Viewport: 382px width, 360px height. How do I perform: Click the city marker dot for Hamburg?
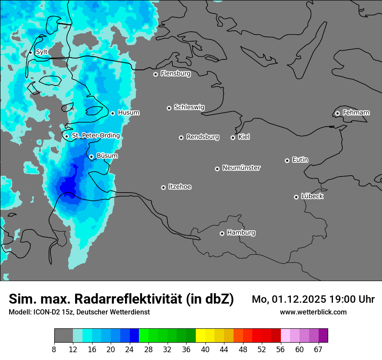pyautogui.click(x=222, y=233)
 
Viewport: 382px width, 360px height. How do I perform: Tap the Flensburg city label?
pyautogui.click(x=175, y=74)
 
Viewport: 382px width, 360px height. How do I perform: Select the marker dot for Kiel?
pyautogui.click(x=233, y=137)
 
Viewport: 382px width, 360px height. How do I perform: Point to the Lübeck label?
pyautogui.click(x=312, y=196)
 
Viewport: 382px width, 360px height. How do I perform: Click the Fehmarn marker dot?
pyautogui.click(x=337, y=113)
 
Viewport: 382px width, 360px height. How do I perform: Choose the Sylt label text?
pyautogui.click(x=42, y=52)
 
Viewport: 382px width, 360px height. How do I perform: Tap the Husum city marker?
pyautogui.click(x=112, y=113)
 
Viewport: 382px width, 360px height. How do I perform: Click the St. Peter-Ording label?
pyautogui.click(x=95, y=136)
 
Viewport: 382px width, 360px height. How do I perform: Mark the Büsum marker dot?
pyautogui.click(x=91, y=157)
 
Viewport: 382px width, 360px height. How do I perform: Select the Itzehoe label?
pyautogui.click(x=180, y=187)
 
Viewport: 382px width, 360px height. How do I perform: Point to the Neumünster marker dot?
pyautogui.click(x=217, y=169)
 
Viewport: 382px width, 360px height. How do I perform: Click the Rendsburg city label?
pyautogui.click(x=203, y=137)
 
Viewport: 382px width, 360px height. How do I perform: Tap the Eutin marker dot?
pyautogui.click(x=287, y=160)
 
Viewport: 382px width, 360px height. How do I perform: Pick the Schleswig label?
pyautogui.click(x=189, y=107)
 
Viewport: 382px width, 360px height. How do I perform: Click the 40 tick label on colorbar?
pyautogui.click(x=205, y=350)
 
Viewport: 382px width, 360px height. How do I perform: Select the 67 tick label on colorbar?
pyautogui.click(x=318, y=350)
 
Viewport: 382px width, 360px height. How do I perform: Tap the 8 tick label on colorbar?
pyautogui.click(x=54, y=350)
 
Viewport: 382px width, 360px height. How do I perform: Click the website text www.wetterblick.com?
pyautogui.click(x=313, y=312)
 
